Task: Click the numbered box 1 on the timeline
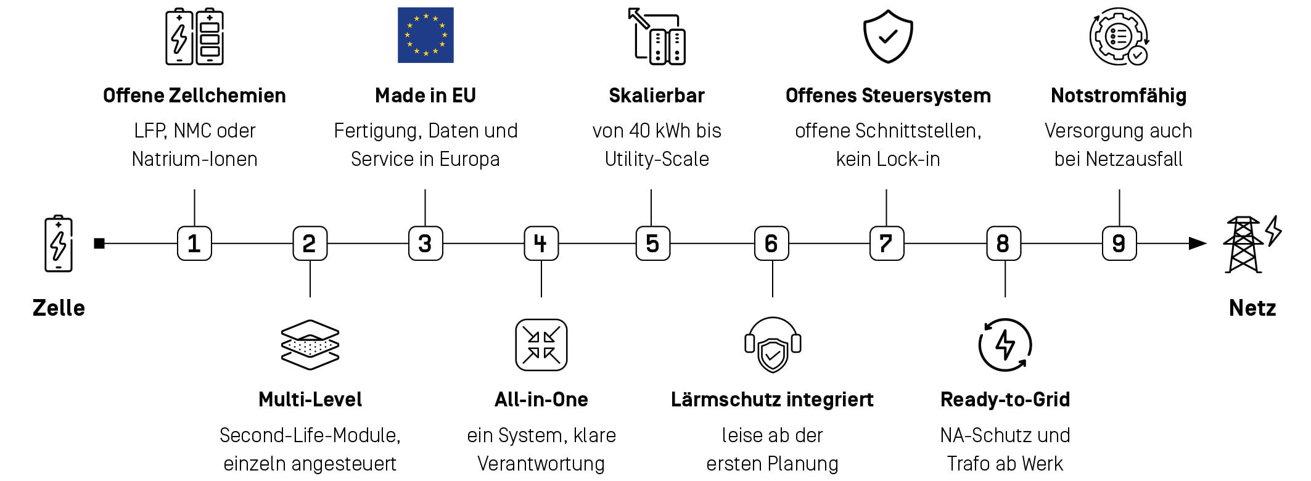(194, 244)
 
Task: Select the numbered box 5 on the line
(652, 244)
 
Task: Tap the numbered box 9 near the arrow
(1119, 244)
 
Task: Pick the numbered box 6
(771, 244)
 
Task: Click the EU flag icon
(425, 35)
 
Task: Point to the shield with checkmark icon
(887, 36)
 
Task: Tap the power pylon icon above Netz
(1252, 244)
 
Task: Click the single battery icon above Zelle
(59, 244)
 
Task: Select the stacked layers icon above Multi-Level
(310, 345)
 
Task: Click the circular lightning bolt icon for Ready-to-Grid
(1005, 345)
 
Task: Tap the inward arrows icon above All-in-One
(541, 345)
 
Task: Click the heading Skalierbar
(657, 96)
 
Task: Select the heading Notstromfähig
(1119, 96)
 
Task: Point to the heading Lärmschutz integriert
(772, 400)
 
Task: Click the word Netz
(1252, 308)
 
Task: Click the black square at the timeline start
(99, 244)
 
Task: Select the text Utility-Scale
(657, 159)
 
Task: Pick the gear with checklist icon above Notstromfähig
(1119, 36)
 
